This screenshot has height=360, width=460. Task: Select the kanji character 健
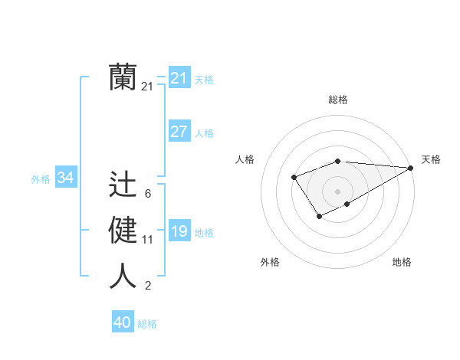pos(123,230)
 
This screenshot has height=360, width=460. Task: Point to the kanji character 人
pos(123,276)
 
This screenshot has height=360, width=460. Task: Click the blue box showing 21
pos(179,78)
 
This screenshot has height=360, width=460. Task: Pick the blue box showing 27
pos(179,132)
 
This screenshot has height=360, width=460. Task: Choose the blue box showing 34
pos(65,178)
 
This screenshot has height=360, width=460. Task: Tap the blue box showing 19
pos(179,231)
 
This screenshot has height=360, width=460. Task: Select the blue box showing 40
pos(123,322)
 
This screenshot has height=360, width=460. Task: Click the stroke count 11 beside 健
pos(147,240)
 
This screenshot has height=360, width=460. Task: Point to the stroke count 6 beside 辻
pos(147,194)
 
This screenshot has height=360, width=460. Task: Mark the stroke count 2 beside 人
pos(147,286)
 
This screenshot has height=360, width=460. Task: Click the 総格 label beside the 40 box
pos(147,324)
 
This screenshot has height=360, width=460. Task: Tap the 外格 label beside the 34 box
pos(41,179)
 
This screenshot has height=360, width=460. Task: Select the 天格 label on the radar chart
pos(431,159)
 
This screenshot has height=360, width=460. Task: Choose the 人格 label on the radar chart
pos(245,159)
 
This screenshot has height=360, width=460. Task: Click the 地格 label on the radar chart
pos(402,262)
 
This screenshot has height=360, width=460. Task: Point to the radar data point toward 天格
pos(411,168)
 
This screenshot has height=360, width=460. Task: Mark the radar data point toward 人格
pos(294,178)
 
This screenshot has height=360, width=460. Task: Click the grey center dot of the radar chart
pos(337,191)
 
